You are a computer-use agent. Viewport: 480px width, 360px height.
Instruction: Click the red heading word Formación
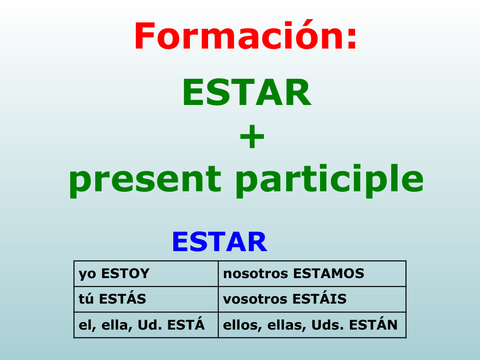coord(240,34)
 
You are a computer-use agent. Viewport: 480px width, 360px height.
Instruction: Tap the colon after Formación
coord(352,38)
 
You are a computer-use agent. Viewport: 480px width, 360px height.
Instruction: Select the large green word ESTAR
coord(247,92)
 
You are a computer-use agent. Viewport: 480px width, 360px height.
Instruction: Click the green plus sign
coord(252,136)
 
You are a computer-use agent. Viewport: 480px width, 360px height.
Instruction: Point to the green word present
coord(145,180)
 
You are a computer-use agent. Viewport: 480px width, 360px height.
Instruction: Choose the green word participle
coord(329,180)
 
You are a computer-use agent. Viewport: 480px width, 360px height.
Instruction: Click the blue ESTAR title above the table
coord(219,242)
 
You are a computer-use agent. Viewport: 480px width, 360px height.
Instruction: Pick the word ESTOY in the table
coord(125,274)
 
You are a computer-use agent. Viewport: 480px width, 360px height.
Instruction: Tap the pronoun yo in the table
coord(87,274)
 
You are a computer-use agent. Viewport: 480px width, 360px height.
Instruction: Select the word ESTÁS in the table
coord(122,298)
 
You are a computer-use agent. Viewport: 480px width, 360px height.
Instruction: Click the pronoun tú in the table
coord(86,299)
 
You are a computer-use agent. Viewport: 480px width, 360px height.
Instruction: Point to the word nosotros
coord(255,274)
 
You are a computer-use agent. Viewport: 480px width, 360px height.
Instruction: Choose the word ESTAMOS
coord(328,274)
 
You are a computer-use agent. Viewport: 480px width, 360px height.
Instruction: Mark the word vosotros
coord(255,300)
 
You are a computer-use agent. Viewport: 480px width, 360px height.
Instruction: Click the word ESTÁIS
coord(320,298)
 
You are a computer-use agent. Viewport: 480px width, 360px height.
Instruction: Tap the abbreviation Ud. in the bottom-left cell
coord(150,325)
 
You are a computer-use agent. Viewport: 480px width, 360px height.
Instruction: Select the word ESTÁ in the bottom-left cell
coord(186,324)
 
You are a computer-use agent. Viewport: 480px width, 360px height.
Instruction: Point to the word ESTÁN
coord(373,324)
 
